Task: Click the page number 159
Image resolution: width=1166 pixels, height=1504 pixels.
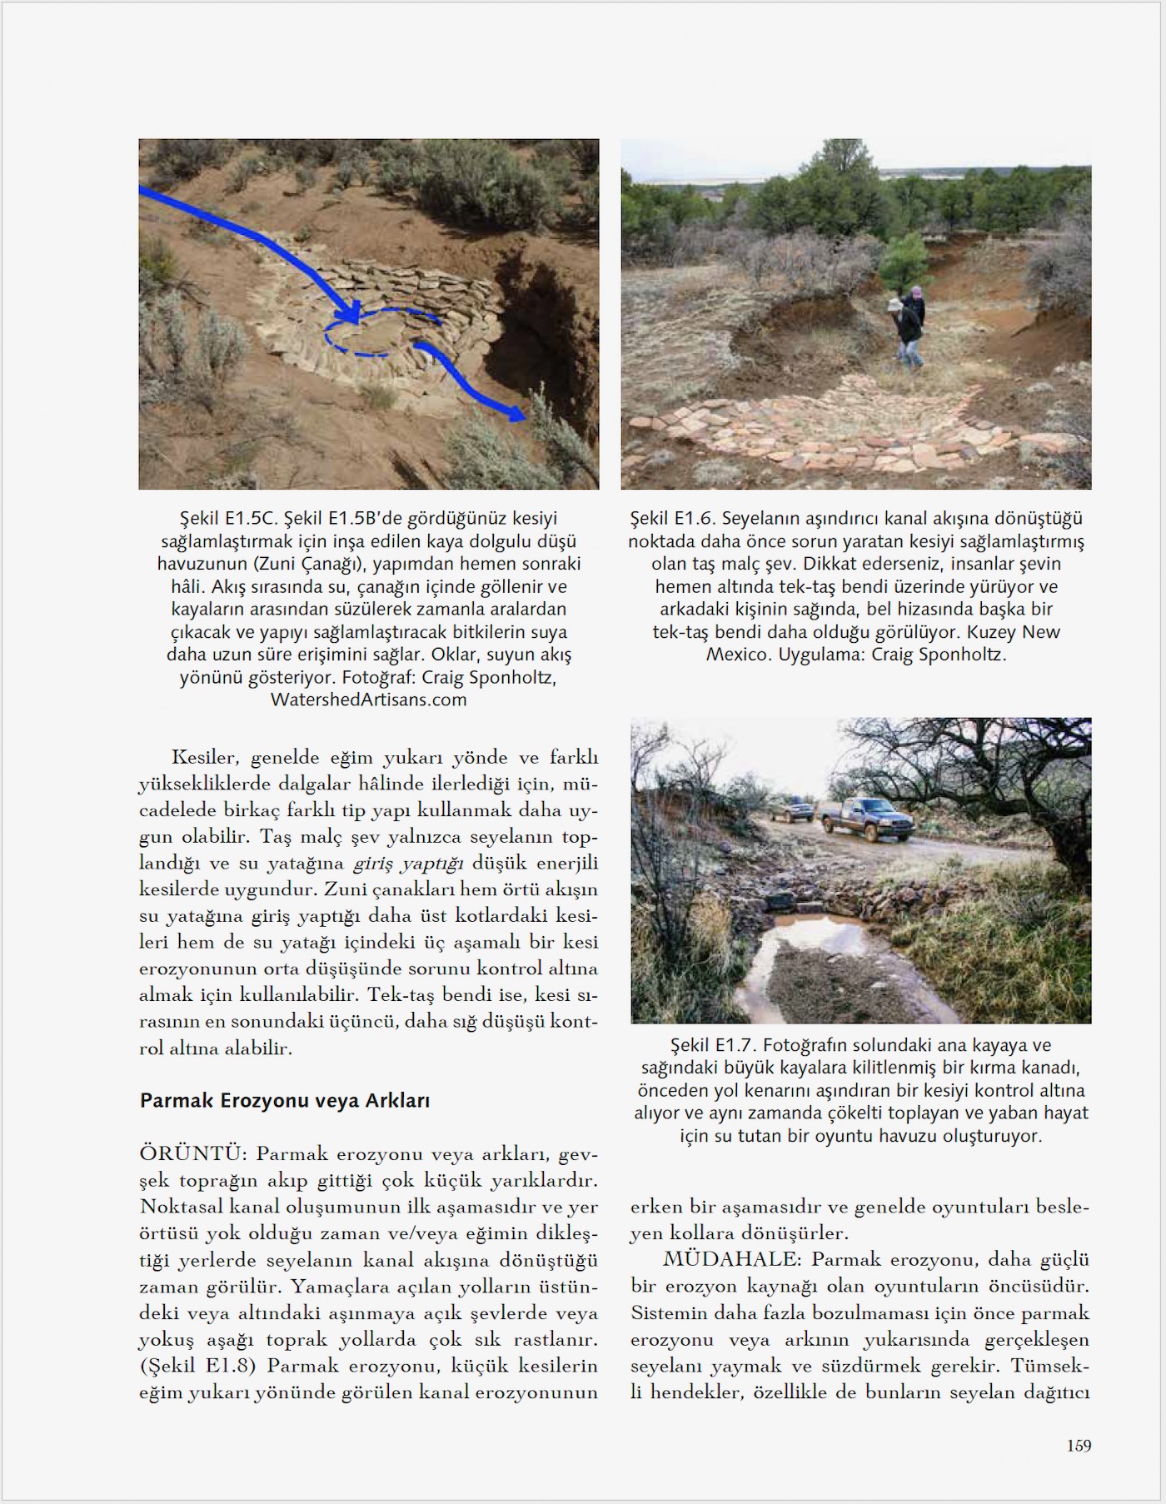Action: [1079, 1446]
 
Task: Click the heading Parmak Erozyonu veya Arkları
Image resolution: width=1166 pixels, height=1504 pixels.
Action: [285, 1100]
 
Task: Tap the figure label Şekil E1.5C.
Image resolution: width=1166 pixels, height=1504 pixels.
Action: [227, 518]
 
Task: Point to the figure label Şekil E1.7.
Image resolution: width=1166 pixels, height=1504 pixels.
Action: [714, 1045]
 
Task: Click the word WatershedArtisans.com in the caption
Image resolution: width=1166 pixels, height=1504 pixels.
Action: [368, 700]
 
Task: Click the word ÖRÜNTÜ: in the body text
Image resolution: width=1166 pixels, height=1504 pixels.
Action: [192, 1154]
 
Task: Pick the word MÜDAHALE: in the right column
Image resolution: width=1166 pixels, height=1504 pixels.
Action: [732, 1260]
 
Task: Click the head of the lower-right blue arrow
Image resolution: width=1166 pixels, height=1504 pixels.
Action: [517, 412]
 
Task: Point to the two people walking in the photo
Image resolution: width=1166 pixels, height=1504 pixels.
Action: [909, 327]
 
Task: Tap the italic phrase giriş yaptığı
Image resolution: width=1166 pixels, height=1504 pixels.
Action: [408, 863]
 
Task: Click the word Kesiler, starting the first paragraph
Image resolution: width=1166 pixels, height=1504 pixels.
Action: [205, 757]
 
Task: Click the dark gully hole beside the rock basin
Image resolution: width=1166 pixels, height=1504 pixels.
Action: [537, 333]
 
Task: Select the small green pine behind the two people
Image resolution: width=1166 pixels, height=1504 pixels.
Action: [903, 258]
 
